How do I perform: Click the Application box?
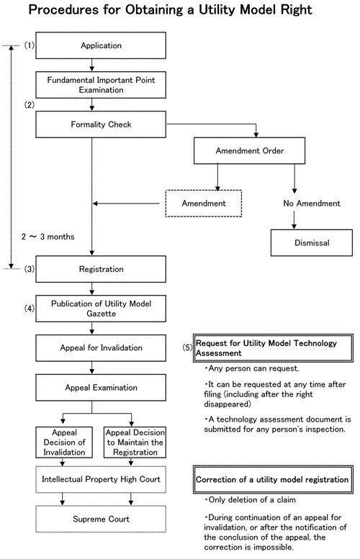pos(101,45)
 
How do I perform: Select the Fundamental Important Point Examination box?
pos(101,85)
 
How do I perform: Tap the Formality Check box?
pos(101,124)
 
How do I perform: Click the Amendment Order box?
pos(249,151)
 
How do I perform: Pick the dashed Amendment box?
pos(204,203)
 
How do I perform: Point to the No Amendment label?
pos(312,203)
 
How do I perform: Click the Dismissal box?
pos(312,242)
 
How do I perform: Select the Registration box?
pos(101,269)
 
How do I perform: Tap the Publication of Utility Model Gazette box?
pos(101,309)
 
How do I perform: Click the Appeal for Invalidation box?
pos(101,348)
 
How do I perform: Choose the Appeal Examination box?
pos(101,388)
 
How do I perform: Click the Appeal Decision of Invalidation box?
pos(64,442)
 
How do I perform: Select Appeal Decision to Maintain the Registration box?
pos(135,442)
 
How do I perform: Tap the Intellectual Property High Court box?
pos(101,479)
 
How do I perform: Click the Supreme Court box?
pos(101,519)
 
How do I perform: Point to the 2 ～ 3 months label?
pos(48,237)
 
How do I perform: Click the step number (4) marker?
pos(30,309)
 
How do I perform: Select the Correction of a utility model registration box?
pos(273,479)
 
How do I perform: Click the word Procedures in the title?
pos(63,9)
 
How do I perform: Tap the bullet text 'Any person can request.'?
pos(252,368)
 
